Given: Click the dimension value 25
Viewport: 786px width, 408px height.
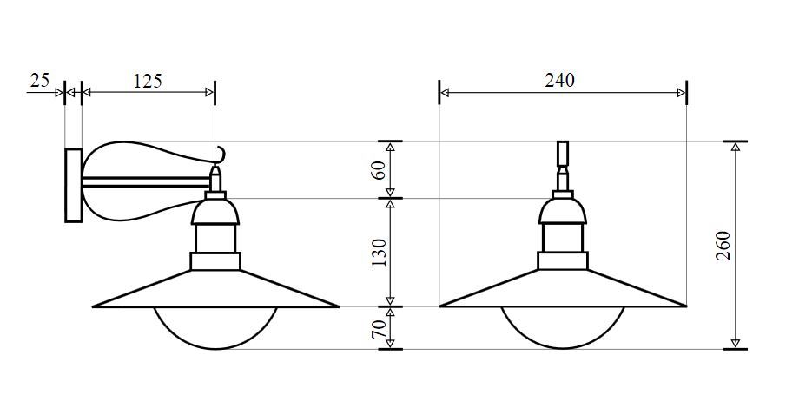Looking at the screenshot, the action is tap(40, 80).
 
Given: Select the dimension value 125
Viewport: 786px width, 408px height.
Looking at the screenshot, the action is tap(148, 81).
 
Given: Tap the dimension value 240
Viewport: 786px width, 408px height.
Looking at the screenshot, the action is tap(560, 80).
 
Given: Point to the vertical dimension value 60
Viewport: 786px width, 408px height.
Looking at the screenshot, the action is tap(380, 170).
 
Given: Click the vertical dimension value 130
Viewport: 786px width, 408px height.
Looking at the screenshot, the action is tap(380, 252).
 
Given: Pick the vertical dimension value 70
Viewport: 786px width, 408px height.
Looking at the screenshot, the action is tap(380, 328).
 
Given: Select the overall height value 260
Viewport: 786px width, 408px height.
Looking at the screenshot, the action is tap(723, 245).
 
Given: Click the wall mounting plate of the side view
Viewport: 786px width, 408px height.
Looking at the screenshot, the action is tap(74, 185).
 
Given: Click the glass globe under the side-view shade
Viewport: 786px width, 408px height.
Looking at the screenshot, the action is tap(215, 348).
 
